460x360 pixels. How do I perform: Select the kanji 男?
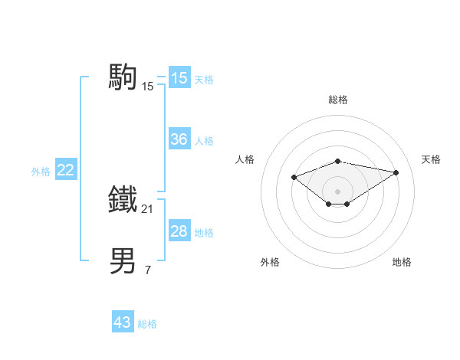pos(124,260)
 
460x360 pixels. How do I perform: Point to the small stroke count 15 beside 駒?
pos(148,87)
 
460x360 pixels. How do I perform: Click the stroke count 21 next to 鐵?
pos(148,208)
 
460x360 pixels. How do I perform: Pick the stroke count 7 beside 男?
pos(148,269)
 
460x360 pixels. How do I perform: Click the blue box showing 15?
pos(179,78)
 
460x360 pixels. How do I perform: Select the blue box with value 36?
pos(179,139)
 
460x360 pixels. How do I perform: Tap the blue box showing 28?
pos(179,231)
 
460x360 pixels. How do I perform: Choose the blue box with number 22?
pos(66,170)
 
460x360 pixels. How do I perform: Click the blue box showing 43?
pos(123,322)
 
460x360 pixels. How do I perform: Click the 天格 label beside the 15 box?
pos(204,80)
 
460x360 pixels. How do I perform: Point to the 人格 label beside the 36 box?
pos(204,141)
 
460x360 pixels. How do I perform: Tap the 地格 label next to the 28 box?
pos(204,233)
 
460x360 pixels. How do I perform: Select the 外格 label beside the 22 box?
pos(41,172)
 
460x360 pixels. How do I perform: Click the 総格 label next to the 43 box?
pos(147,324)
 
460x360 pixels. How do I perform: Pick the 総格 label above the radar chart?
pos(338,100)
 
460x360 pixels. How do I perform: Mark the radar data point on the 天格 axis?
pos(396,172)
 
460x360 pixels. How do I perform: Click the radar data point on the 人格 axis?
pos(294,177)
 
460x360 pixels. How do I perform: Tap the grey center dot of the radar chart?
pos(338,191)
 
